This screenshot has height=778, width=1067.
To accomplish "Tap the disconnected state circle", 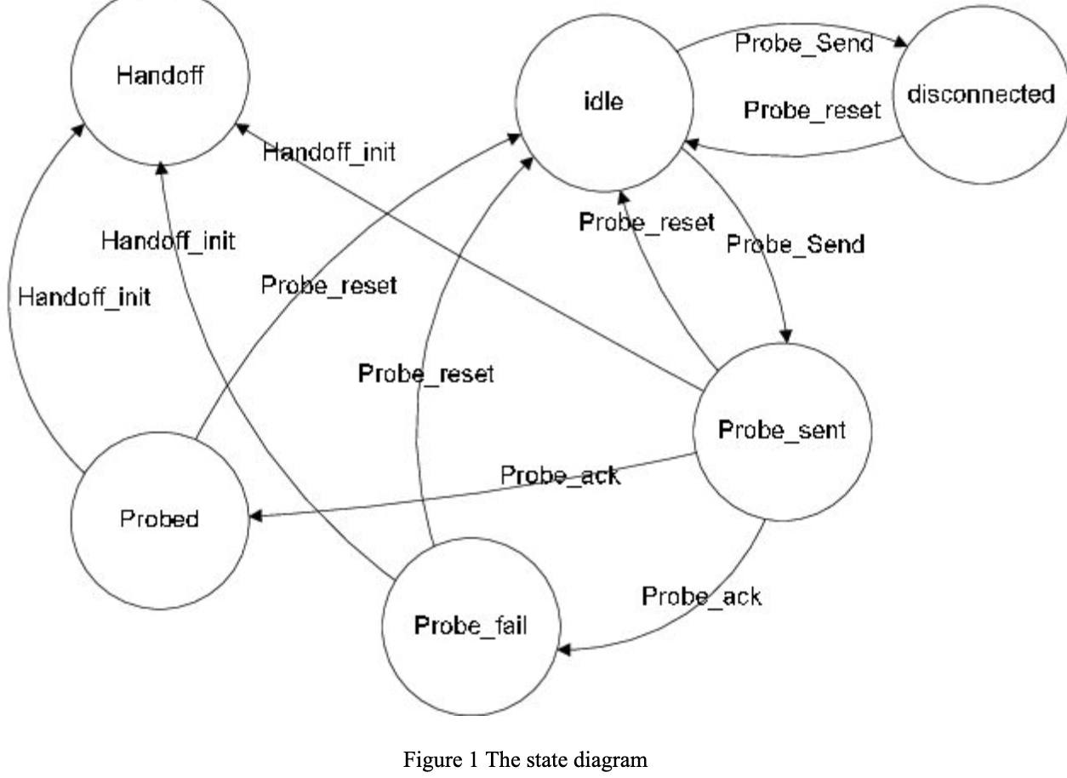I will [x=980, y=94].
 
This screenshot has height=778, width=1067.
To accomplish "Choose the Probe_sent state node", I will [x=782, y=431].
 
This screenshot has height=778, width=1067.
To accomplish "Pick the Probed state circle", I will [x=160, y=519].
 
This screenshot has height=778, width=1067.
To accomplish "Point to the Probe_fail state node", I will [x=471, y=626].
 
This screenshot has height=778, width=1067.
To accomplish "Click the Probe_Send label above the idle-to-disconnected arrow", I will [x=803, y=43].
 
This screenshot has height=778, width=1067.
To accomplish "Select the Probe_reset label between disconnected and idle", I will [x=812, y=110].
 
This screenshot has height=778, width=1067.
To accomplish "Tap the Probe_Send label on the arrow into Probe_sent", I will [x=795, y=244].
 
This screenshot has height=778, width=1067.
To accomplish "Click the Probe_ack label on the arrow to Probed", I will [x=560, y=475].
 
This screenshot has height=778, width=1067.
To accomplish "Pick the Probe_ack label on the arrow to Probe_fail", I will [x=701, y=597].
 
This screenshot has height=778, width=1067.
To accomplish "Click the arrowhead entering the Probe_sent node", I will [x=788, y=336].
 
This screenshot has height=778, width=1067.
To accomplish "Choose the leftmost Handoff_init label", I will [x=84, y=297].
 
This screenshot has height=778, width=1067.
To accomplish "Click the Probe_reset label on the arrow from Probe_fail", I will [x=425, y=374].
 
